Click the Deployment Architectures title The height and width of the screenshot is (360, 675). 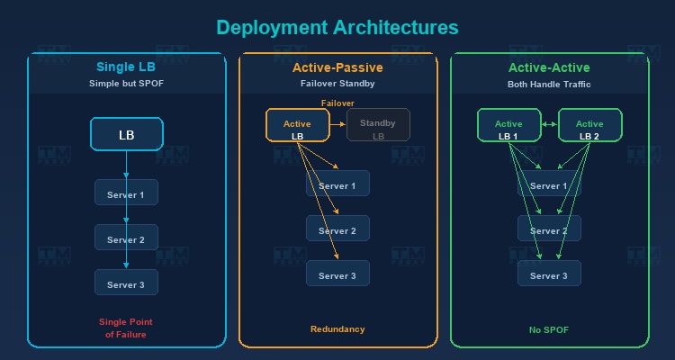(x=337, y=28)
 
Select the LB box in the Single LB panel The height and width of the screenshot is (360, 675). (x=126, y=136)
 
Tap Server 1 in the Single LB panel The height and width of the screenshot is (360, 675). (x=126, y=195)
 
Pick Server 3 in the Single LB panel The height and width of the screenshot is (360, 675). (x=126, y=284)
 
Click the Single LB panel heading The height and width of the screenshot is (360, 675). (x=126, y=67)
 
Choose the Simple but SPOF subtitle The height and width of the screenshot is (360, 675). (x=126, y=84)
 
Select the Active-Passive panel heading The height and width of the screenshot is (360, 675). (x=337, y=67)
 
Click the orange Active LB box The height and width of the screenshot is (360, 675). (x=298, y=125)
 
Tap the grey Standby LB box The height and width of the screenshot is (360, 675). (x=378, y=125)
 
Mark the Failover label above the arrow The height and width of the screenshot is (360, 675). (x=338, y=103)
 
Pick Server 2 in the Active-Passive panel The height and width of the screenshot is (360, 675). (x=337, y=231)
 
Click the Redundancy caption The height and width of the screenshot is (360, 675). (x=337, y=329)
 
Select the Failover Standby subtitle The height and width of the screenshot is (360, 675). (x=337, y=84)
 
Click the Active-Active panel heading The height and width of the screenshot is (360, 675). (x=549, y=67)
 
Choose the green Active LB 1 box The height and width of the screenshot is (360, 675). (x=508, y=125)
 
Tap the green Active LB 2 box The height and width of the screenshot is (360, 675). (x=589, y=125)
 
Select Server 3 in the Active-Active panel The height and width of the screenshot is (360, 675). (x=549, y=275)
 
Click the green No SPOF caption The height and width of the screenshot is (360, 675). (x=549, y=329)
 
